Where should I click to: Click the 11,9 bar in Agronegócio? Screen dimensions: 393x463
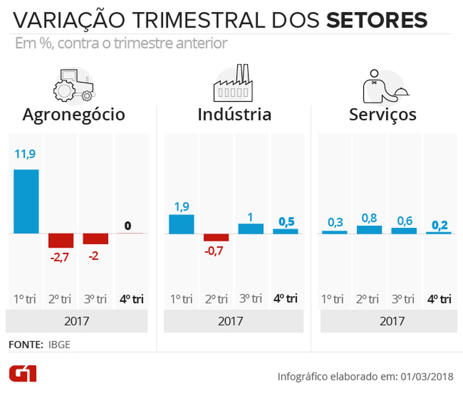26,201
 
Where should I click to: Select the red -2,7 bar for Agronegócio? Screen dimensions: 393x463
61,241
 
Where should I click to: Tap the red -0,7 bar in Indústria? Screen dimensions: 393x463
216,238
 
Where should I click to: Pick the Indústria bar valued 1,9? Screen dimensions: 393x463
181,224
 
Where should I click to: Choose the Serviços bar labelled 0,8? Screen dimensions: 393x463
369,230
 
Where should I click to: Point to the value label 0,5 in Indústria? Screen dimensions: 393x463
286,221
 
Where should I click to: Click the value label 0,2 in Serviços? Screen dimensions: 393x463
439,225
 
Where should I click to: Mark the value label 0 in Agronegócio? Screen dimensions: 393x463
128,226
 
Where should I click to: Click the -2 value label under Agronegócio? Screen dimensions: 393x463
93,256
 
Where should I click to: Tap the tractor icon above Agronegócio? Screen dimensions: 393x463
74,85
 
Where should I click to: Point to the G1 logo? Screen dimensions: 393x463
23,373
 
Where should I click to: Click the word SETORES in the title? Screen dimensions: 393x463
377,20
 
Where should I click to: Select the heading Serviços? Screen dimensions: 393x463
383,115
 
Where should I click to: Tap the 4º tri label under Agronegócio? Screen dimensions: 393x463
131,299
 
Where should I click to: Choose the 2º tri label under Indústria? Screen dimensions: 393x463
216,299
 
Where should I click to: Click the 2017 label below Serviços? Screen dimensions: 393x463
392,321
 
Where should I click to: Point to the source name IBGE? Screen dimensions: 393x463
59,345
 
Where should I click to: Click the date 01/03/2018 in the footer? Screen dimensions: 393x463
427,377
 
